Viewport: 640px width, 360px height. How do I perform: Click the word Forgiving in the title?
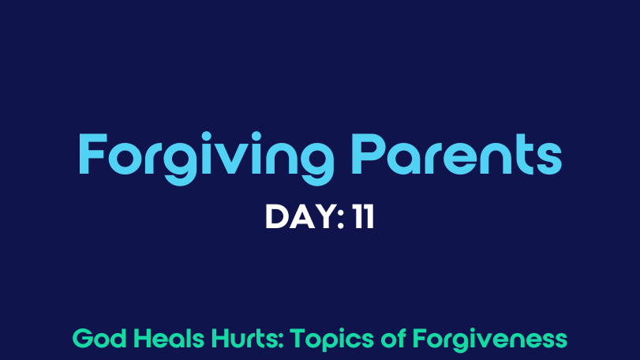pos(206,159)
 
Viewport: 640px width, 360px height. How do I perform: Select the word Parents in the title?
pos(456,154)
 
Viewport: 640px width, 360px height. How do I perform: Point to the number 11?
pos(364,217)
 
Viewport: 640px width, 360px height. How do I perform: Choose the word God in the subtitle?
pos(99,339)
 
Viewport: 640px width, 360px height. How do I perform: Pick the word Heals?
pos(169,339)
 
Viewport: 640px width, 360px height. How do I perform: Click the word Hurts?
pos(245,339)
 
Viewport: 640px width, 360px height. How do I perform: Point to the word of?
pos(394,339)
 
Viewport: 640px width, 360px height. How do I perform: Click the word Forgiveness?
pos(490,340)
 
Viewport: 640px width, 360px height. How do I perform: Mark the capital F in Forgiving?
pos(92,154)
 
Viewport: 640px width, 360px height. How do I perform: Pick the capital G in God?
pos(83,339)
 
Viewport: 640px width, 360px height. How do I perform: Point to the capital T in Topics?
pos(299,339)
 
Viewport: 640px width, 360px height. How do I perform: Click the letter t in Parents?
pos(522,155)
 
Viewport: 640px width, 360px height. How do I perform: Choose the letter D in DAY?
pos(276,217)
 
